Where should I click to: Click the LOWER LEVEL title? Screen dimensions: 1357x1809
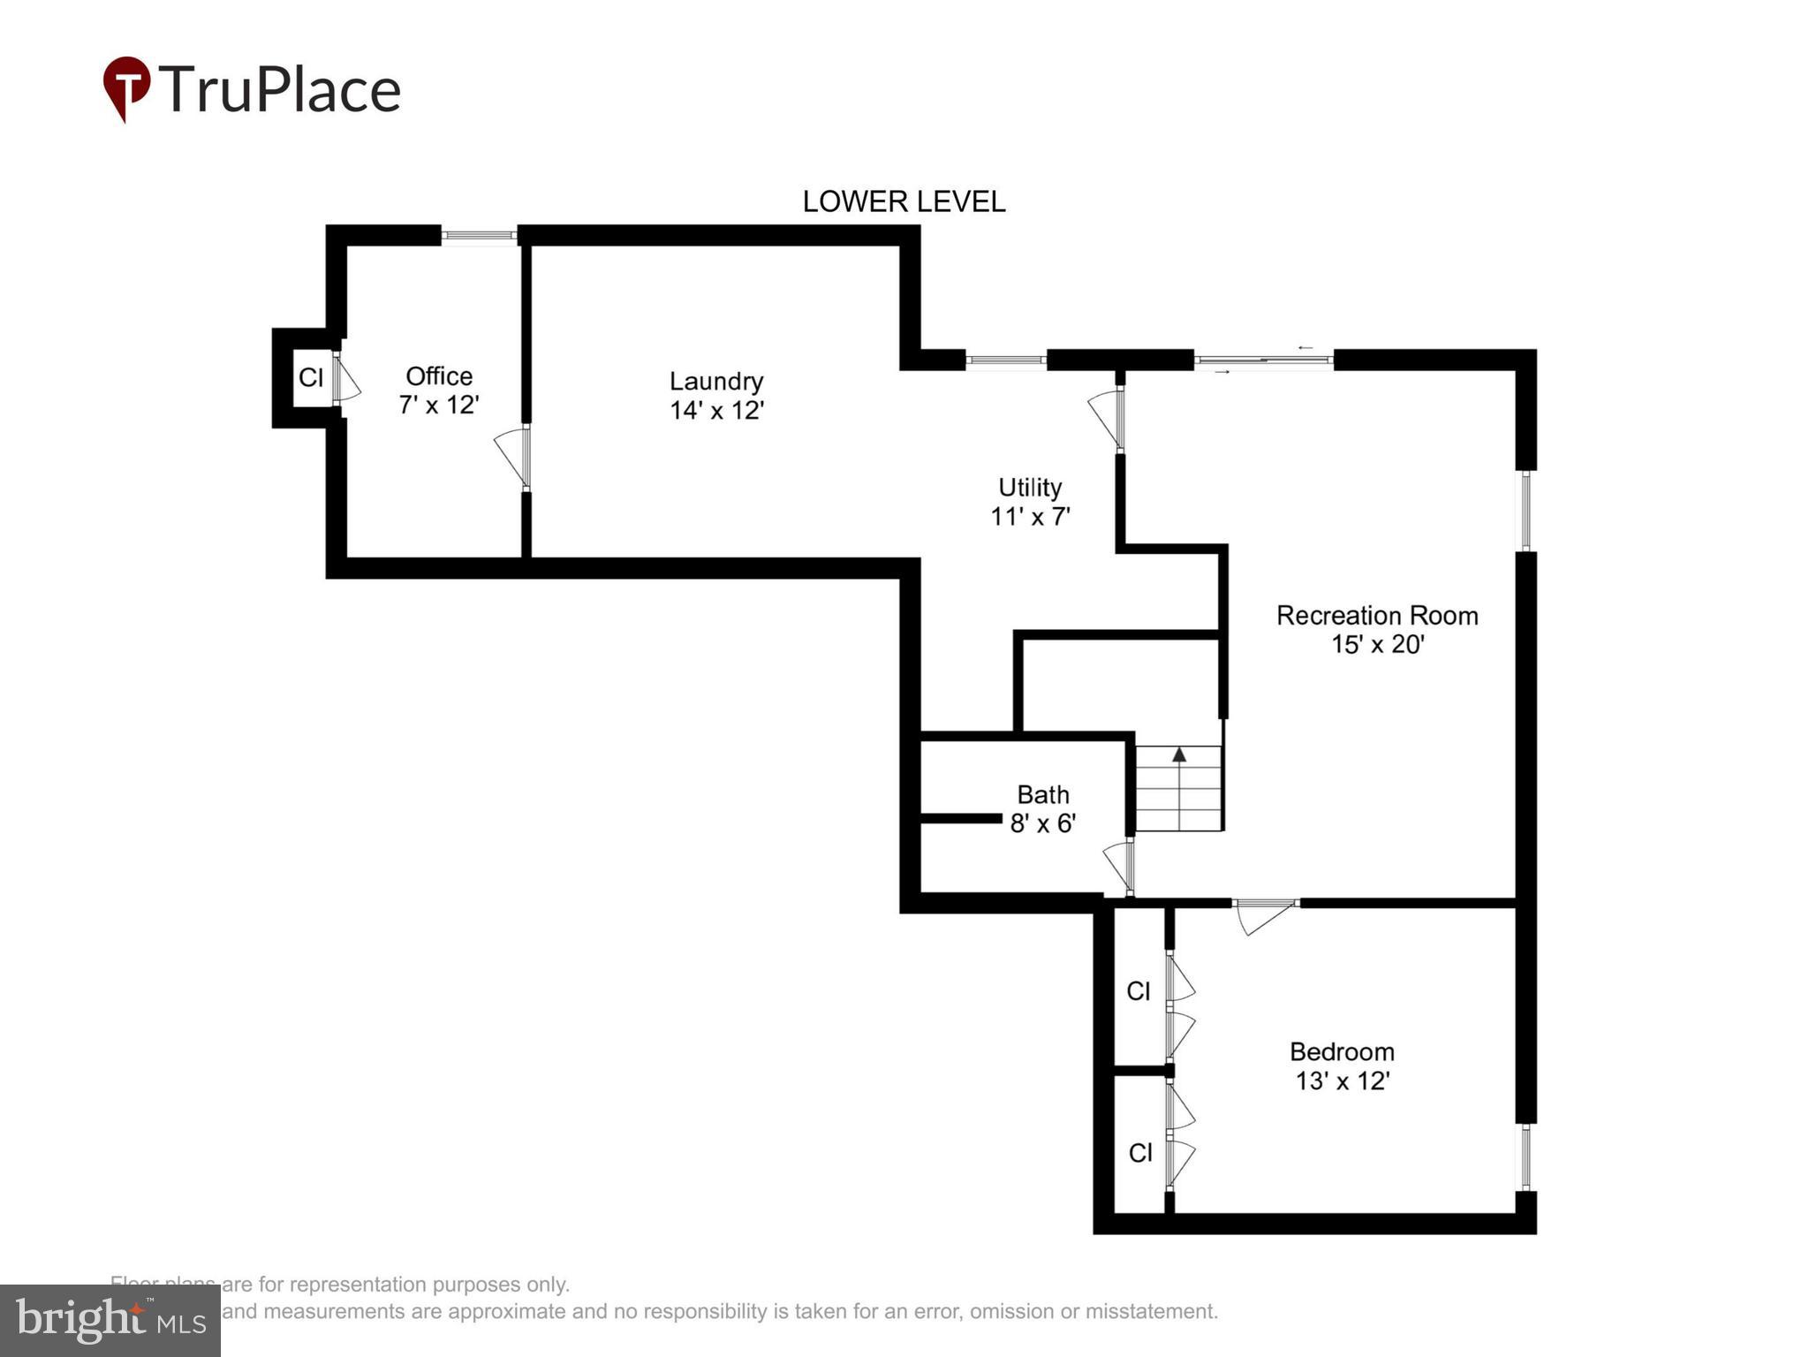click(903, 201)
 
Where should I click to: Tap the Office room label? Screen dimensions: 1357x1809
click(439, 376)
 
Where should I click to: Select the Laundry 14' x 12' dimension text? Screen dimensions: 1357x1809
click(716, 411)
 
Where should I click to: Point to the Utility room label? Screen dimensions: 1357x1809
click(1029, 488)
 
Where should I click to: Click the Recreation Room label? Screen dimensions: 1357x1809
click(1376, 616)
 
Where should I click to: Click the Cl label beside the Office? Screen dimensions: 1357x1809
click(311, 378)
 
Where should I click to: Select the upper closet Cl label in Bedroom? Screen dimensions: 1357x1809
click(1139, 991)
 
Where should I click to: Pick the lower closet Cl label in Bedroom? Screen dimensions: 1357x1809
click(1140, 1153)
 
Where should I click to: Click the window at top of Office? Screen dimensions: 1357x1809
click(478, 235)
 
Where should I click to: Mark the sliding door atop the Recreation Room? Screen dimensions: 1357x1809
click(1263, 360)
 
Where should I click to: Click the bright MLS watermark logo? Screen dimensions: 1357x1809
click(110, 1320)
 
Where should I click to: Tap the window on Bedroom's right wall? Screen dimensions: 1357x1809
click(1525, 1156)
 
